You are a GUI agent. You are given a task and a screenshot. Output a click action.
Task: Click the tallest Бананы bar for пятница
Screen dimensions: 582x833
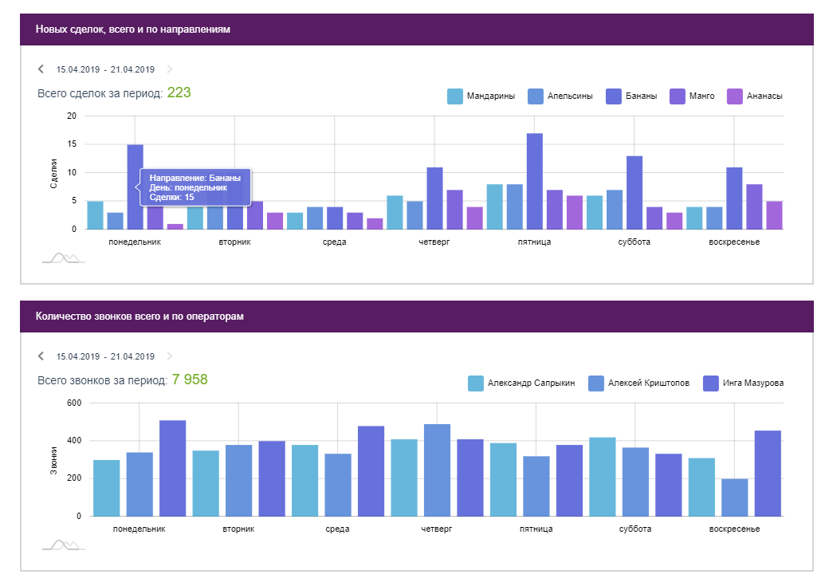(534, 181)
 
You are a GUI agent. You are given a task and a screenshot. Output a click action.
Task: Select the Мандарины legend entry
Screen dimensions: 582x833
(481, 96)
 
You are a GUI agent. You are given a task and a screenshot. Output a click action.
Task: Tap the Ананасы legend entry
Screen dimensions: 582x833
(756, 96)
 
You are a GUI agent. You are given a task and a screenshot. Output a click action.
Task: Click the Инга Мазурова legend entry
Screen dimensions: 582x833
(743, 383)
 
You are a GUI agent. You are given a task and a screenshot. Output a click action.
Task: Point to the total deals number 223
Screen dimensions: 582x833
(179, 92)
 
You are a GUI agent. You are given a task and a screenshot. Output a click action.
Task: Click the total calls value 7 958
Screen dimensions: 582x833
(190, 379)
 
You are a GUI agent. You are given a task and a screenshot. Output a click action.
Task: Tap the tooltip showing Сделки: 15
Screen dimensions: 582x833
(195, 187)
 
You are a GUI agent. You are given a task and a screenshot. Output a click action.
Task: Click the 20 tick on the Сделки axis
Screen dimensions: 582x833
(72, 116)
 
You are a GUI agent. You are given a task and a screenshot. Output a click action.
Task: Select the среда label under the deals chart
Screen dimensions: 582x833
(334, 242)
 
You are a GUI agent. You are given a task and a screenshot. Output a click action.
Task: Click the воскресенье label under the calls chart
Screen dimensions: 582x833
(734, 529)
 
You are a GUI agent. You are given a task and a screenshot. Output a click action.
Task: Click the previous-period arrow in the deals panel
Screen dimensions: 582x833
(41, 69)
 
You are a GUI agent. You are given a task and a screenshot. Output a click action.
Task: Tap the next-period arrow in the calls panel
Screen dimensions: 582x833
(169, 356)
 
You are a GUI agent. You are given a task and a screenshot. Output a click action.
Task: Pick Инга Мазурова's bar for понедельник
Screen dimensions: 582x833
(173, 468)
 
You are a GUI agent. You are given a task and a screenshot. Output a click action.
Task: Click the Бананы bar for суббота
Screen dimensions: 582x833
(635, 192)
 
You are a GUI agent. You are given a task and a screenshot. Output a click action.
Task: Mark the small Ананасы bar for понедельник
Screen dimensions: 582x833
(175, 226)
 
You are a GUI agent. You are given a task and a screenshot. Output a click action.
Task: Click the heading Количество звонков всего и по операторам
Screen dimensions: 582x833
(139, 317)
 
